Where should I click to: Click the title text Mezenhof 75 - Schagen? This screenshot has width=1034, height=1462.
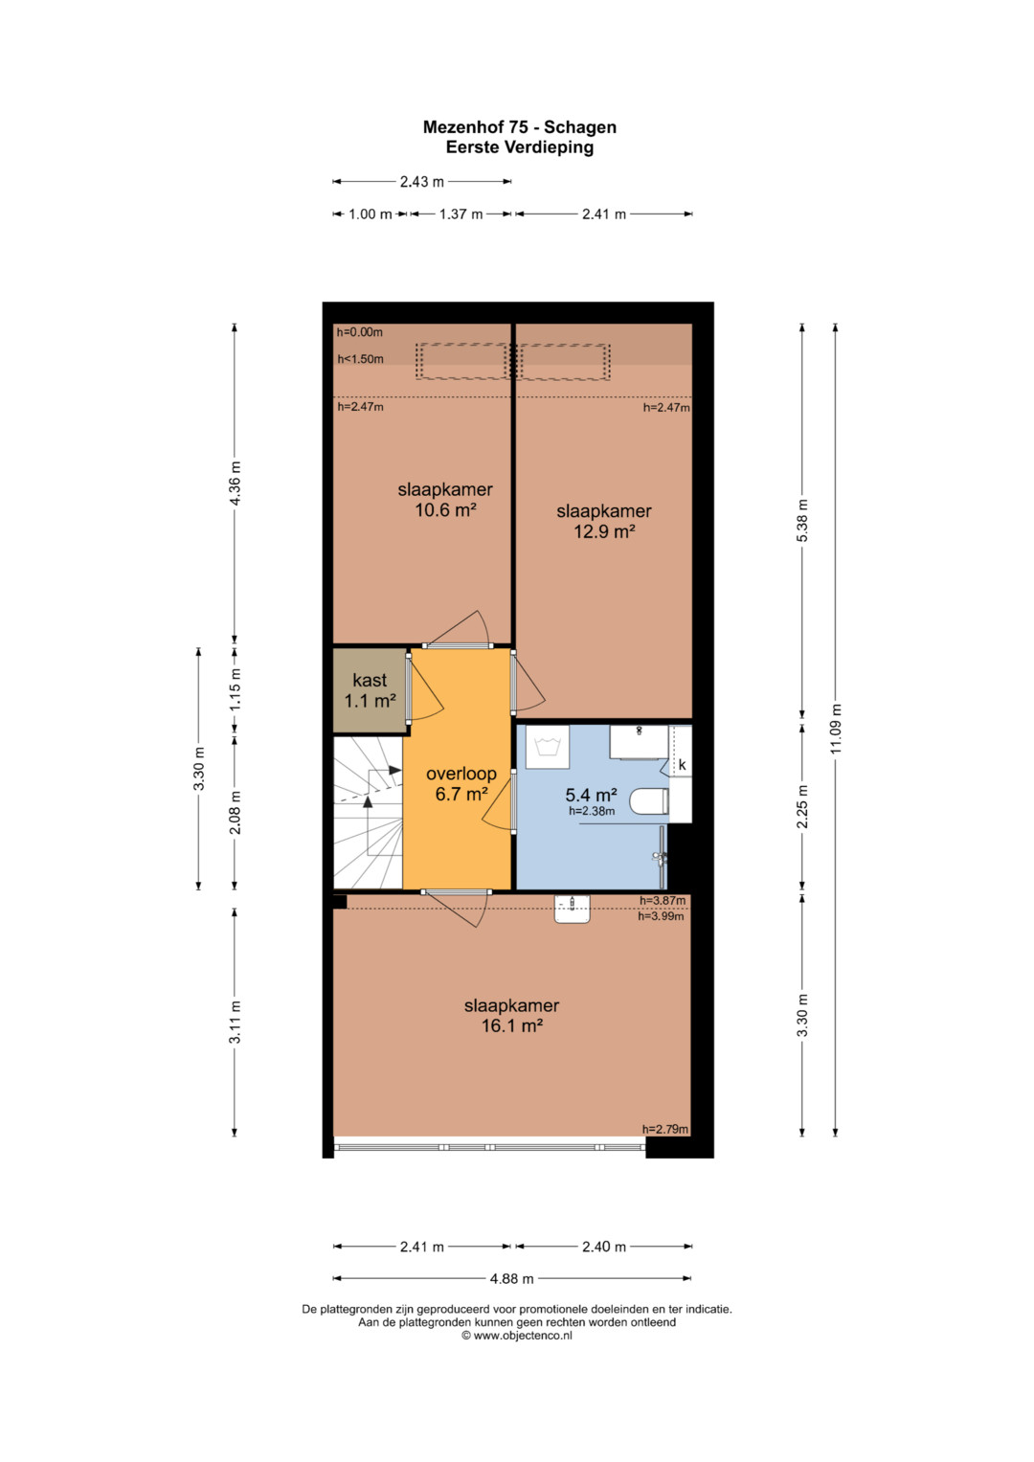(x=519, y=126)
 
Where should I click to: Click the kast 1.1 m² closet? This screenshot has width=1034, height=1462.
(x=370, y=690)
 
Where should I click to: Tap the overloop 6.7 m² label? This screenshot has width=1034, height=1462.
(x=461, y=783)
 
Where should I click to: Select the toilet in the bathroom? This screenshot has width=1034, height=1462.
(x=649, y=800)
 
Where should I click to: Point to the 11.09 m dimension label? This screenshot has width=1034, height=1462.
(x=836, y=729)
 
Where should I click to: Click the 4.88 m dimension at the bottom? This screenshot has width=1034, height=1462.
(x=512, y=1278)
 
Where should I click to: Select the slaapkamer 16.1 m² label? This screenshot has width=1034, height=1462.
(x=512, y=1015)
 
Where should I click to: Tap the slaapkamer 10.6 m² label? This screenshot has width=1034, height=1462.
(x=445, y=499)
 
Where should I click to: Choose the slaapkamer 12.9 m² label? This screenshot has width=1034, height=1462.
(x=604, y=521)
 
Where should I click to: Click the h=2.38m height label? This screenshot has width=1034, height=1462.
(x=592, y=811)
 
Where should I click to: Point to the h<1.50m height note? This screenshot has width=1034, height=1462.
(x=360, y=359)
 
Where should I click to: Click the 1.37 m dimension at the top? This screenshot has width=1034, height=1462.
(x=461, y=214)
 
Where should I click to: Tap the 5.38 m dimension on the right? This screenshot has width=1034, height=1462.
(x=803, y=520)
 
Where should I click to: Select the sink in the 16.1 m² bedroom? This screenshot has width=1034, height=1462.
(x=572, y=909)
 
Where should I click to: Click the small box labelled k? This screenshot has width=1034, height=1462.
(x=682, y=764)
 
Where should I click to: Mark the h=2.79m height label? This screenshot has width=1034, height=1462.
(x=665, y=1129)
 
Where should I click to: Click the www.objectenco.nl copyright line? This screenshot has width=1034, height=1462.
(x=517, y=1336)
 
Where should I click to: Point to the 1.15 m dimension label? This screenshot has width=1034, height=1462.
(x=235, y=689)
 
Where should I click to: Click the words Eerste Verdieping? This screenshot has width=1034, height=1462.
(x=520, y=146)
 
